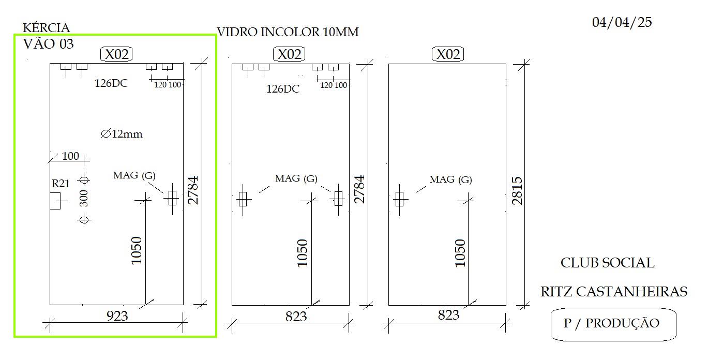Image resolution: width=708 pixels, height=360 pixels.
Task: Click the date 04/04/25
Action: click(622, 22)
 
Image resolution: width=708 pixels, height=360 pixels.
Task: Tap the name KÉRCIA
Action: click(46, 28)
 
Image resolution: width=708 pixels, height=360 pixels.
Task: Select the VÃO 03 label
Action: click(48, 44)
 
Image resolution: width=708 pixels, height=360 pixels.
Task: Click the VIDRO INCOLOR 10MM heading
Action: click(288, 32)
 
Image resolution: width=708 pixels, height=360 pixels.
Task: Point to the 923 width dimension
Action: click(117, 316)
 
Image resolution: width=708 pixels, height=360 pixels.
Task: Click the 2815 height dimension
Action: click(517, 190)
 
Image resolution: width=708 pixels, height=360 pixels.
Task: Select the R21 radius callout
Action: click(61, 183)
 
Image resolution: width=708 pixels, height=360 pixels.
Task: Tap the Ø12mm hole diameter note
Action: click(122, 133)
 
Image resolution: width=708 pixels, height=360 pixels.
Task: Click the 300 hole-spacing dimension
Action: click(83, 198)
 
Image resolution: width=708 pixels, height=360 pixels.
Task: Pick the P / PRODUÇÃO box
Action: click(613, 324)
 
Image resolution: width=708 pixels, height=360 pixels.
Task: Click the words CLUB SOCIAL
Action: click(608, 263)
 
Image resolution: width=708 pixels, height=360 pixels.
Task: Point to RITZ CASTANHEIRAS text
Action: click(614, 291)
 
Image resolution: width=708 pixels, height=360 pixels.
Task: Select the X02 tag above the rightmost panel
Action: click(448, 54)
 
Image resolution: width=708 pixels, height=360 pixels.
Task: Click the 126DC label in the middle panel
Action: click(282, 89)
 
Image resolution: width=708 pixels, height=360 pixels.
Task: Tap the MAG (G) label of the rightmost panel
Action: click(451, 179)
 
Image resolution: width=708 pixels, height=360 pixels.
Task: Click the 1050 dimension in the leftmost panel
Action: click(137, 250)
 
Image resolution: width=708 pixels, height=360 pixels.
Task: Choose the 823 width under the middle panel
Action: click(296, 317)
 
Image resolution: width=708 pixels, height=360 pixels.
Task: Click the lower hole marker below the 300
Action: click(84, 219)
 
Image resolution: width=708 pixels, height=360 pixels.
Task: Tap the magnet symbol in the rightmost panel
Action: click(400, 200)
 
